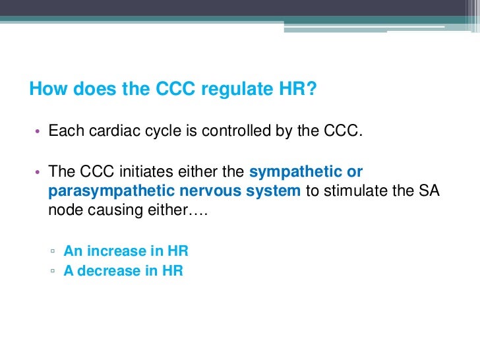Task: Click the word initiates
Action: [144, 173]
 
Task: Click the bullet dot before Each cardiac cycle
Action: [38, 132]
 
